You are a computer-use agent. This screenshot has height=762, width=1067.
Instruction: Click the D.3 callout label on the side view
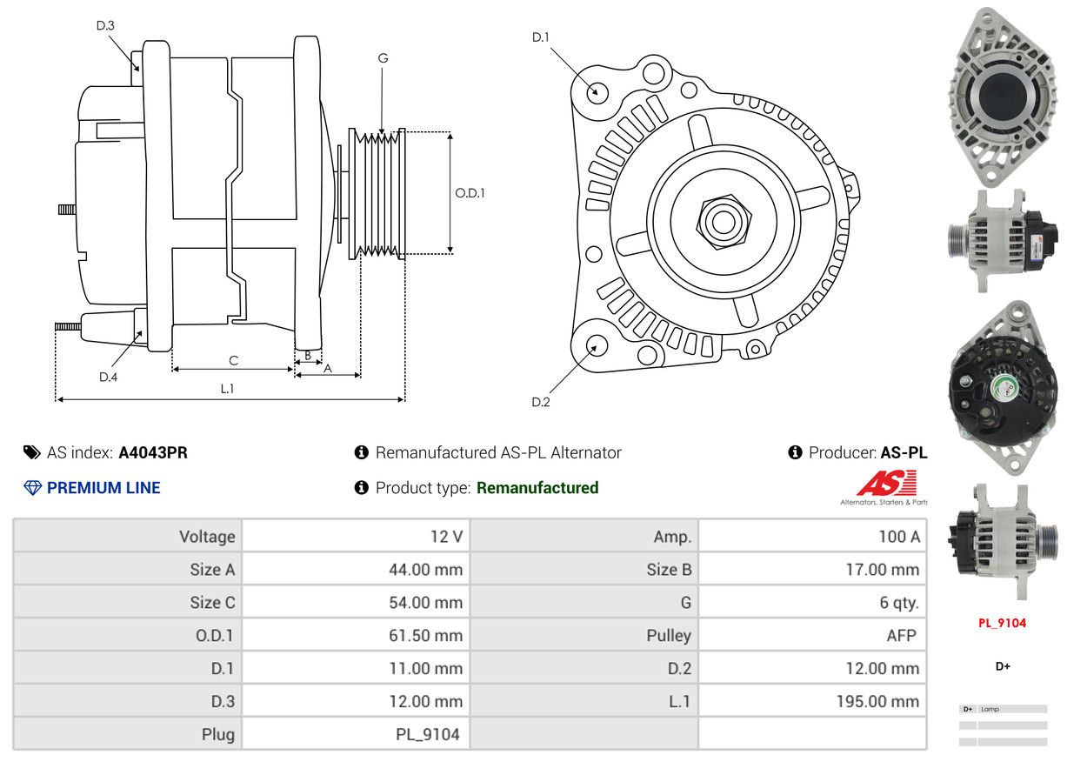(x=105, y=25)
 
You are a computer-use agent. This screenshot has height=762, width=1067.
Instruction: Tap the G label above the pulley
(x=383, y=58)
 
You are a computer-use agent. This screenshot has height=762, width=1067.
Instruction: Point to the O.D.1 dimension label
(x=470, y=193)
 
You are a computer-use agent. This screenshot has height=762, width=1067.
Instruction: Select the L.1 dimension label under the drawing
(x=227, y=388)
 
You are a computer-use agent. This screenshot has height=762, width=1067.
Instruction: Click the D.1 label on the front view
(x=541, y=37)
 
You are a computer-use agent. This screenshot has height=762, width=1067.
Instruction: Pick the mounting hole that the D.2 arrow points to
(x=596, y=346)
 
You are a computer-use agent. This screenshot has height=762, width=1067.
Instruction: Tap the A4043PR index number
(x=153, y=452)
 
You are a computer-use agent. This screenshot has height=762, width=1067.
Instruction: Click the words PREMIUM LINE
(x=103, y=488)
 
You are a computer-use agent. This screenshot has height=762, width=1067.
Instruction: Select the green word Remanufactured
(x=537, y=488)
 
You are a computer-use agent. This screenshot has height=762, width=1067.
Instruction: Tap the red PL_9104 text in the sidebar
(x=1002, y=623)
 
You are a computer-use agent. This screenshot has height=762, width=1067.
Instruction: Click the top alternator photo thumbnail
(x=1003, y=94)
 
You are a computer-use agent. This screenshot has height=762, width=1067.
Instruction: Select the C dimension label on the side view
(x=233, y=360)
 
